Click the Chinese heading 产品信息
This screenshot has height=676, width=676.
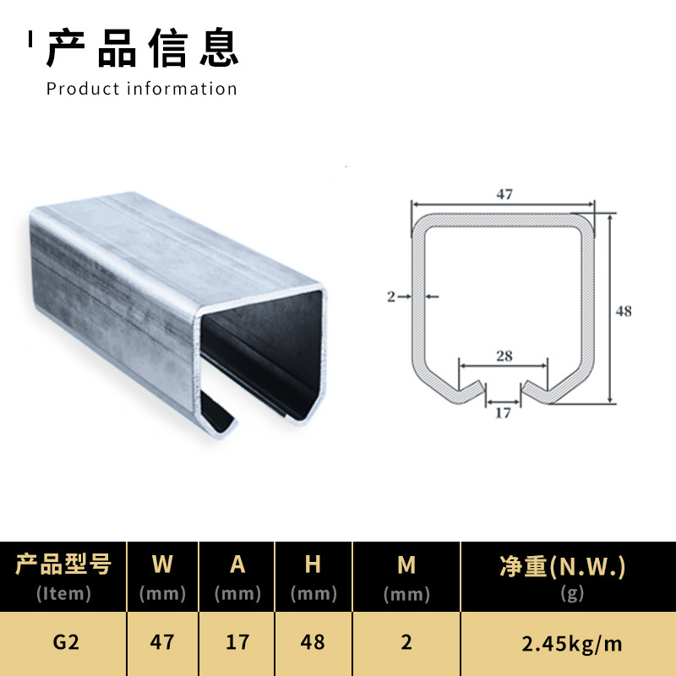(142, 48)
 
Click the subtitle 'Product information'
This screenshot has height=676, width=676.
(142, 89)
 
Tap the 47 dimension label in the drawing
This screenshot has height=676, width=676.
(504, 194)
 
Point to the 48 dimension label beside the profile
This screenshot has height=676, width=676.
(624, 311)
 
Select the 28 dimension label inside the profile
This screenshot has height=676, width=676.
(504, 356)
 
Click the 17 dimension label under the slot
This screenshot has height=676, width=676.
(503, 413)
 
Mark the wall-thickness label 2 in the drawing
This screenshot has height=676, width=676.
(391, 297)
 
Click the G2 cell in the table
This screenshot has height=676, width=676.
(65, 642)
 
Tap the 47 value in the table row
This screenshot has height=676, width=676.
(162, 642)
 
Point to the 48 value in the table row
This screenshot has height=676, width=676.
(313, 642)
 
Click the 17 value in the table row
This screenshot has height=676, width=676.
(237, 642)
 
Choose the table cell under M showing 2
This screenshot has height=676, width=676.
(406, 642)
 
